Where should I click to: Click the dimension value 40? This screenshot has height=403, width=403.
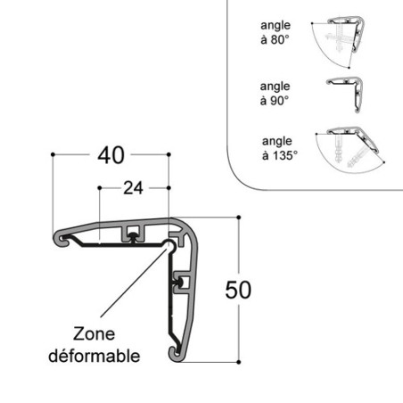pyautogui.click(x=111, y=156)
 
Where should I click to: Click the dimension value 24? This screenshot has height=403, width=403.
pyautogui.click(x=132, y=188)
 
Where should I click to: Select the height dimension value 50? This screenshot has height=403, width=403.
pyautogui.click(x=239, y=291)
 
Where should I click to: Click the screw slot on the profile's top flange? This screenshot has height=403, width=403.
pyautogui.click(x=132, y=234)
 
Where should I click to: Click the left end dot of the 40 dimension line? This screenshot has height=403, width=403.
pyautogui.click(x=53, y=155)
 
